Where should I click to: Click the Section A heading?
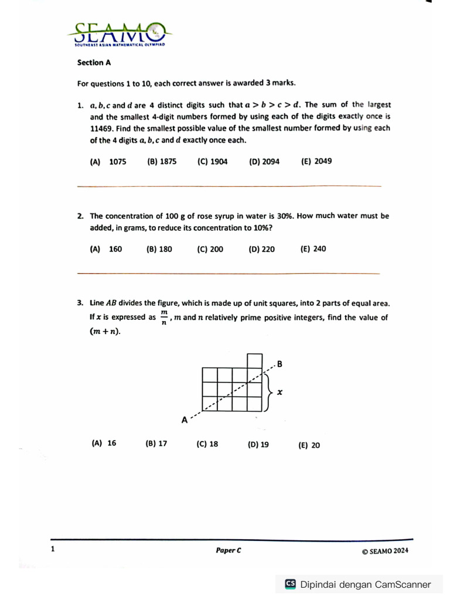coord(94,62)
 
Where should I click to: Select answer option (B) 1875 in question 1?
coord(162,162)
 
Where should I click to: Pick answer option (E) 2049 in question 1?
coord(316,161)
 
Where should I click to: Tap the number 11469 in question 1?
coord(103,128)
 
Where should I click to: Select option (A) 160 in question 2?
coord(106,249)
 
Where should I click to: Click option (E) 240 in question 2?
coord(313,249)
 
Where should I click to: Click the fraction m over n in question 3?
coord(164,318)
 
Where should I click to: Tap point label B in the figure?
coord(279,364)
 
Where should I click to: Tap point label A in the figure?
coord(185,420)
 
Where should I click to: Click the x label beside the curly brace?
coord(279,393)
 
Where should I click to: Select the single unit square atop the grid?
coord(254,360)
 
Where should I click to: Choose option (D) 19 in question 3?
coord(258,445)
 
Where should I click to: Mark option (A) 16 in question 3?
coord(104,443)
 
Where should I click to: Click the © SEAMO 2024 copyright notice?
coord(385,551)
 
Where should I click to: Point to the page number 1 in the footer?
coord(53,549)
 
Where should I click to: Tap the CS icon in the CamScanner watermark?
coord(290,584)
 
